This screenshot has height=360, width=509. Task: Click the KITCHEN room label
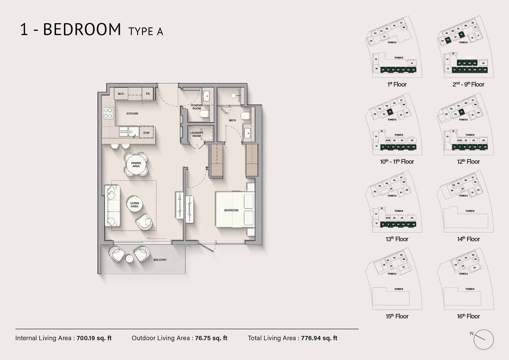[x=132, y=114]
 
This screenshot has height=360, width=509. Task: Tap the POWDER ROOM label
[x=197, y=107]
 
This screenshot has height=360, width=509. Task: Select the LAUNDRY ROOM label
[x=197, y=134]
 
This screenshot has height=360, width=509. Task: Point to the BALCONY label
[x=160, y=260]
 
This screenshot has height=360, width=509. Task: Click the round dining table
[x=136, y=165]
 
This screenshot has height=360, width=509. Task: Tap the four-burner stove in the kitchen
[x=107, y=113]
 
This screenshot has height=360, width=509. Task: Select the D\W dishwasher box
[x=146, y=133]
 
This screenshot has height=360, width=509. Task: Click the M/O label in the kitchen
[x=121, y=94]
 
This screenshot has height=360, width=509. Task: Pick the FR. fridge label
[x=148, y=94]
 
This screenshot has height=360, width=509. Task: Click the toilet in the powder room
[x=204, y=114]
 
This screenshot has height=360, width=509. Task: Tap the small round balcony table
[x=130, y=258]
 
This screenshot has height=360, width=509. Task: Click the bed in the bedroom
[x=235, y=210]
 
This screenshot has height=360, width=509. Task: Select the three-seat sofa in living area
[x=112, y=206]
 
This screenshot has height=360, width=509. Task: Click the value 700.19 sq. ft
[x=94, y=338]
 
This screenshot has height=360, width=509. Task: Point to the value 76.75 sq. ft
[x=211, y=338]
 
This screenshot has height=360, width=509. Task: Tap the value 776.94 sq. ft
[x=319, y=338]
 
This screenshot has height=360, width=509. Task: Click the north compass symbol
[x=483, y=339]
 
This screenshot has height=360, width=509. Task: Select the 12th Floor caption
[x=468, y=162]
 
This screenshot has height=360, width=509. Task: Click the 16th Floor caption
[x=468, y=316]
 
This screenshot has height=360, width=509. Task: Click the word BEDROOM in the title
[x=82, y=30]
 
